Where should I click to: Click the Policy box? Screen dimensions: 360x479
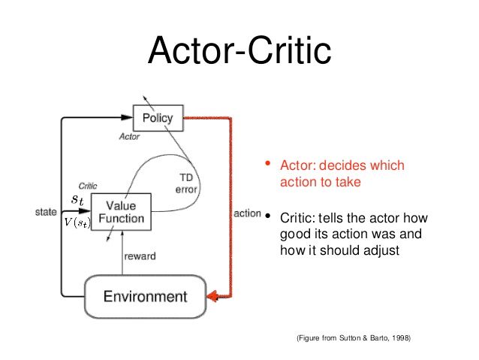[157, 117]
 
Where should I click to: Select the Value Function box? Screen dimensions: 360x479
[120, 211]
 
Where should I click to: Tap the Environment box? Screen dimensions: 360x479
[145, 296]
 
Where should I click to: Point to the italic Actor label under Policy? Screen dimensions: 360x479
[130, 137]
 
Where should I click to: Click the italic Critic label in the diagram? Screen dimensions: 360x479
[87, 186]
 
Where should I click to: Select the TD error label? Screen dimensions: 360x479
[186, 183]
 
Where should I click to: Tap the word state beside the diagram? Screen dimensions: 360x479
[47, 213]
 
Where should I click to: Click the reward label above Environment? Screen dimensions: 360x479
[140, 256]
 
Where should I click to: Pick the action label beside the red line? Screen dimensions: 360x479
[247, 213]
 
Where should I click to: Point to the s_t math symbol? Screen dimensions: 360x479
[78, 200]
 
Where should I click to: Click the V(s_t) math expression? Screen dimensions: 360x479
[77, 222]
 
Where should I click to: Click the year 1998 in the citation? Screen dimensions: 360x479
[401, 339]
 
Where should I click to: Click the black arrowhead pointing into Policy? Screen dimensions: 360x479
[128, 116]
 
